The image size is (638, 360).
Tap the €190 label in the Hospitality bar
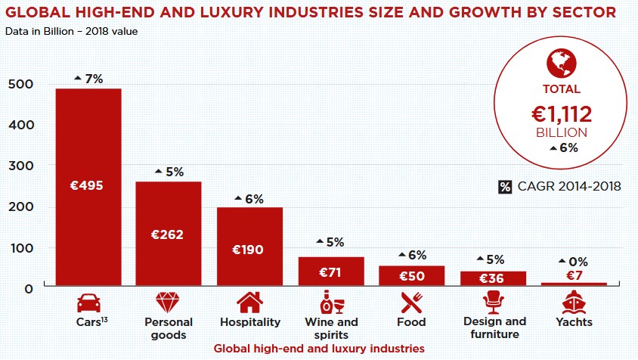click(249, 249)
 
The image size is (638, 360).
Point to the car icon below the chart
click(88, 303)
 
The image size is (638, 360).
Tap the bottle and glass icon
click(331, 302)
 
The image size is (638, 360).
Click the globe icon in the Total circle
click(561, 61)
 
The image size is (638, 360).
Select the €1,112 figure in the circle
click(561, 114)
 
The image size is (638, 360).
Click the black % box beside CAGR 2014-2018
click(505, 186)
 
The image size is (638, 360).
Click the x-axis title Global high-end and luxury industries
click(318, 349)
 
